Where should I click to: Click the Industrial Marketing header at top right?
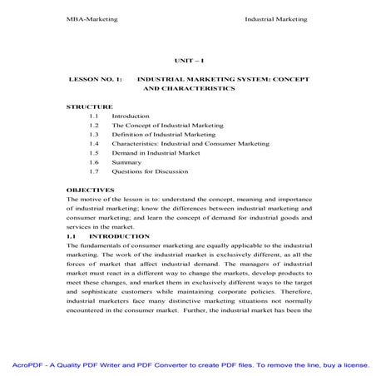[276, 17]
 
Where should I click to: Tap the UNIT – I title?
[187, 60]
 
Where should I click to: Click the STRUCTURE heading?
[88, 106]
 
